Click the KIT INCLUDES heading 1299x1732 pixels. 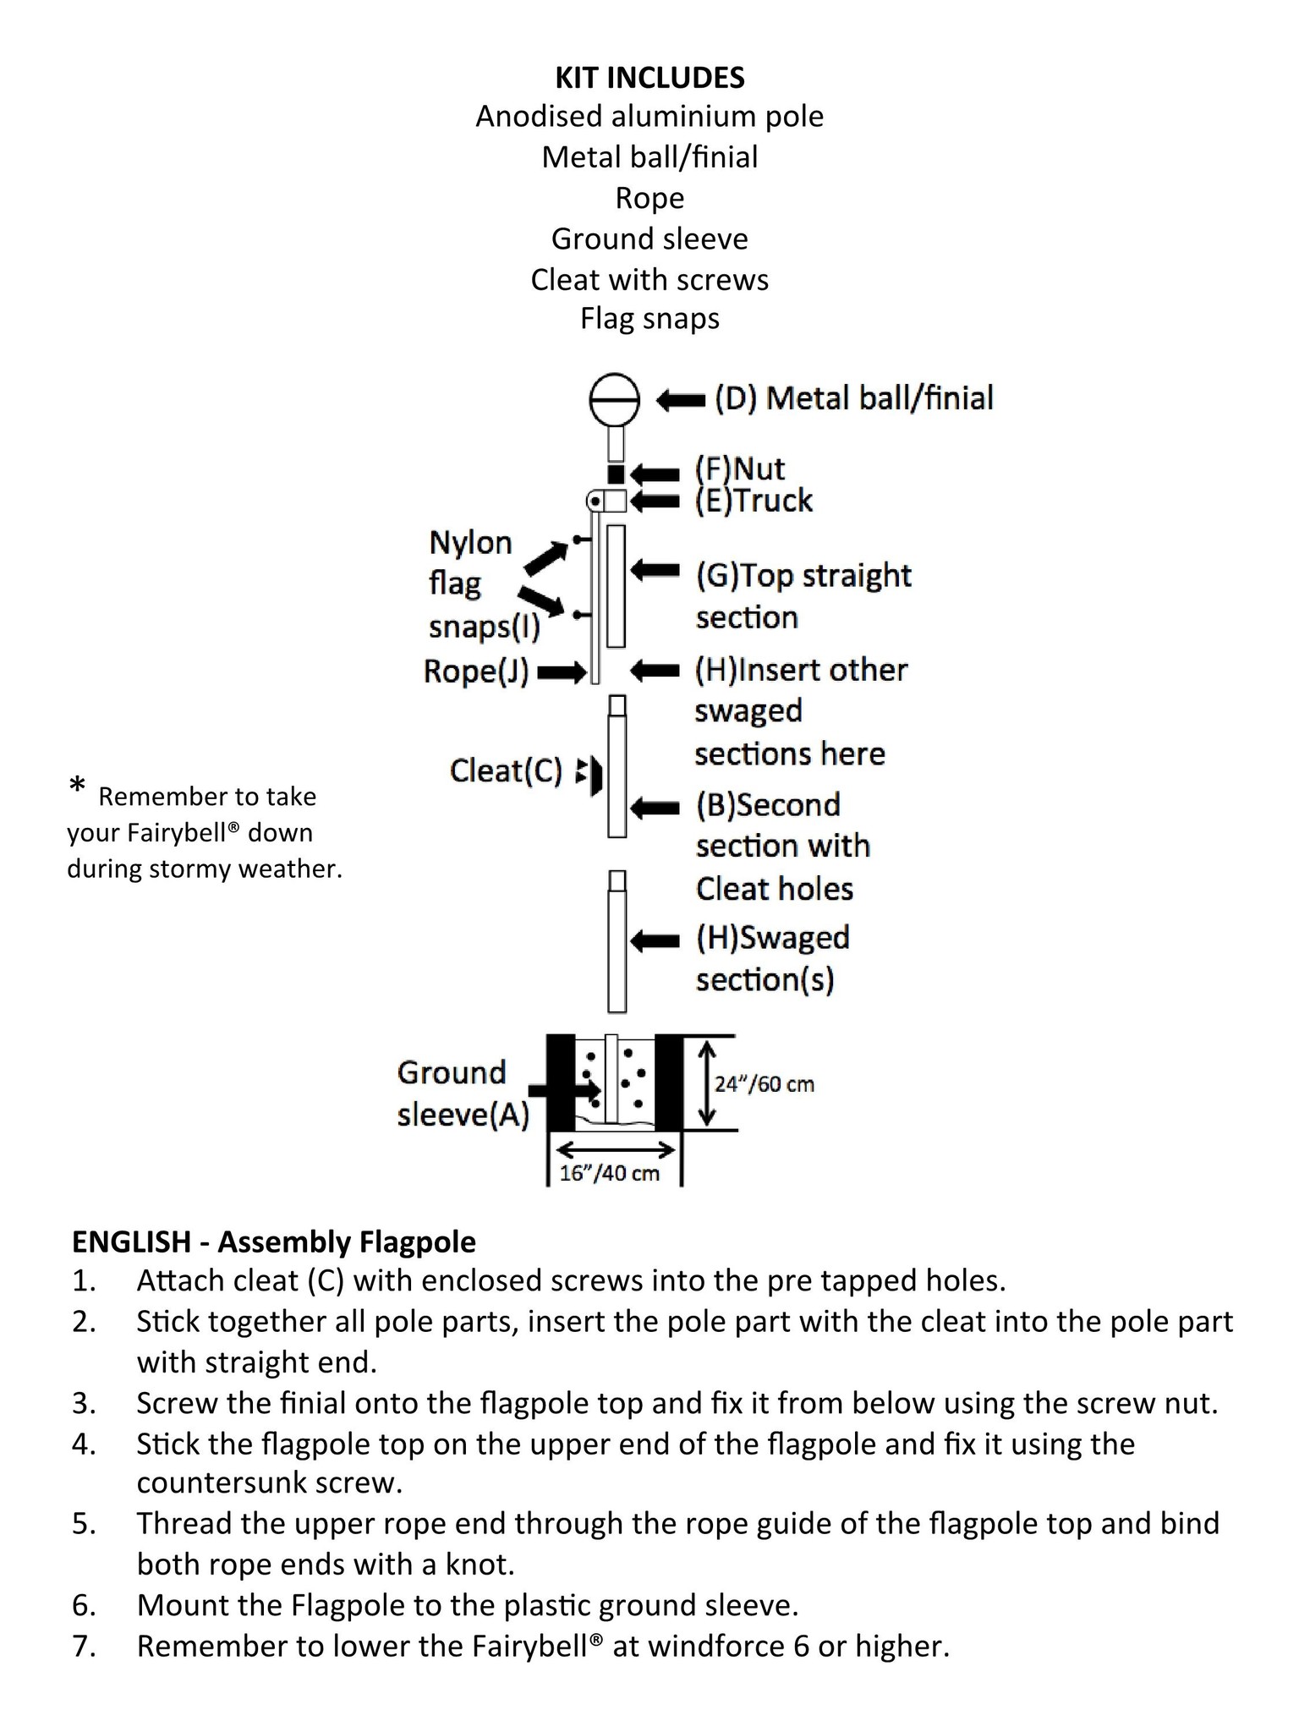click(649, 78)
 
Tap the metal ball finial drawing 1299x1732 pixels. click(614, 399)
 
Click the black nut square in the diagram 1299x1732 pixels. click(617, 474)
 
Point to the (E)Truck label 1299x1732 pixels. click(754, 501)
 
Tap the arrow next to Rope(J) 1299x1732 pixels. click(562, 673)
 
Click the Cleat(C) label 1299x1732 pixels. click(506, 770)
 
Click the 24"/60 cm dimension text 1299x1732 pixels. click(765, 1084)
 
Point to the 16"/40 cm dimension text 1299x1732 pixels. click(610, 1173)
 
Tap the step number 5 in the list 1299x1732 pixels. click(83, 1523)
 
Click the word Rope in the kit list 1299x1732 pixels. click(649, 198)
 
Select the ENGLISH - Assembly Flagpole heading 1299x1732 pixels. click(274, 1241)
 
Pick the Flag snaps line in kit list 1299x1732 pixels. click(649, 319)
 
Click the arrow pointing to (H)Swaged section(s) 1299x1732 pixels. click(655, 940)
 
